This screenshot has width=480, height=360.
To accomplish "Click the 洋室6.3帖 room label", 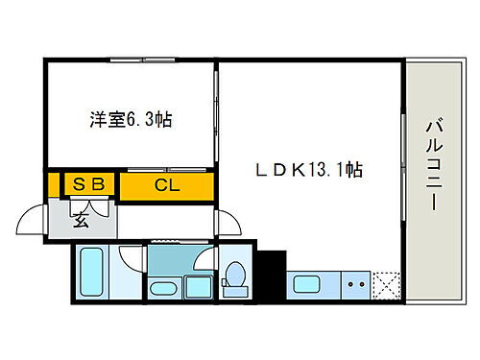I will point(132,122).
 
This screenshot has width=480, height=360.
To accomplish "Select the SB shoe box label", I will point(89,181).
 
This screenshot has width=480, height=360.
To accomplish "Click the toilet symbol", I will point(233,276).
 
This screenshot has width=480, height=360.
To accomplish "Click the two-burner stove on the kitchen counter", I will point(356,285).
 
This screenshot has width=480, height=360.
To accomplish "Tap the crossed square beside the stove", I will point(388,285).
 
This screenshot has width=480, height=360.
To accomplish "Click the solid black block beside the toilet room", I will point(274,274).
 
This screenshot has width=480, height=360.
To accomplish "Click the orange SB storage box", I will point(89,182).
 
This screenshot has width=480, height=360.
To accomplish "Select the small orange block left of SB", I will point(52,183).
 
